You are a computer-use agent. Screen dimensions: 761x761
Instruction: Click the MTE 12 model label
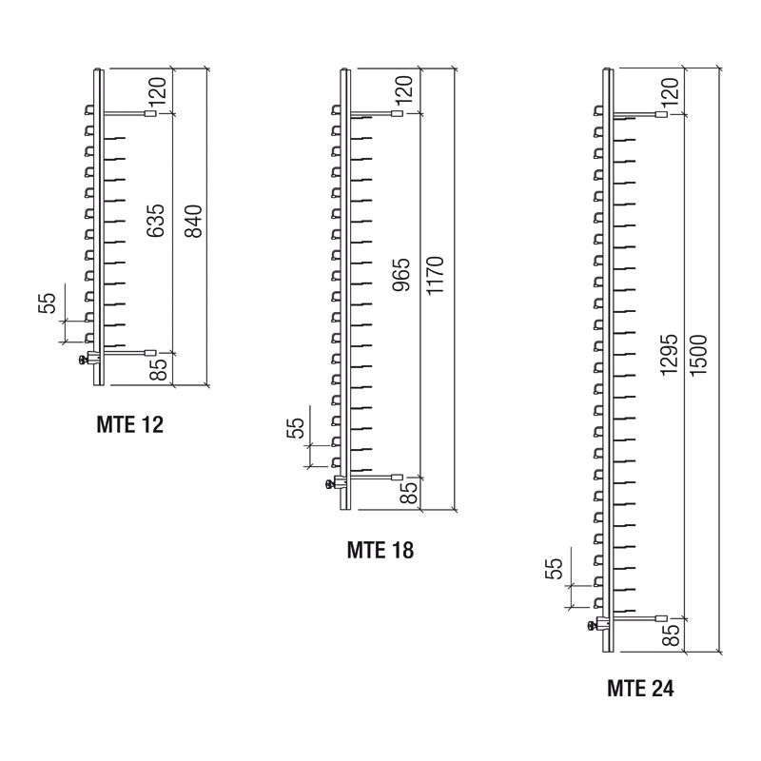130,424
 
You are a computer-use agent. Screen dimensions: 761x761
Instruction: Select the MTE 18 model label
380,551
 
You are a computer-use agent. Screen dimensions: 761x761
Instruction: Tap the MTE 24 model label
640,688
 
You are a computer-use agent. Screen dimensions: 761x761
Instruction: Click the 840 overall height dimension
195,222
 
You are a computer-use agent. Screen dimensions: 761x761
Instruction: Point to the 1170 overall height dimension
435,275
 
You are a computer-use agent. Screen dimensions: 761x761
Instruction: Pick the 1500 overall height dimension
699,355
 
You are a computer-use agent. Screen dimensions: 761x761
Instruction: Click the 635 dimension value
156,221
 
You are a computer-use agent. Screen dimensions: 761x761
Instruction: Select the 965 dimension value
401,275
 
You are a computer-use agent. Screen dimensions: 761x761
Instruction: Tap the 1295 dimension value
669,354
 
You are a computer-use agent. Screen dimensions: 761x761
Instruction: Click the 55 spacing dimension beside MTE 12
47,303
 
